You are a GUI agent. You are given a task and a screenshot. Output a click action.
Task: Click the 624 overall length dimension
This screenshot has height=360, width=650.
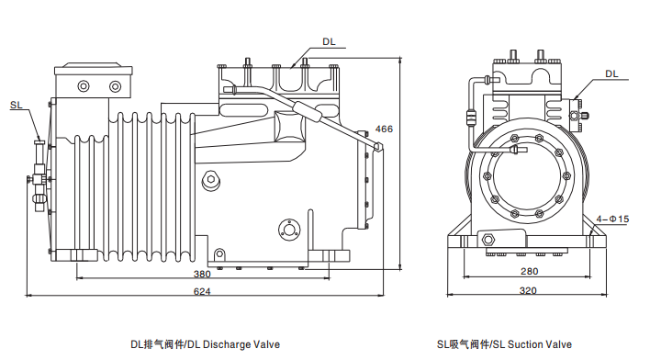tap(202, 291)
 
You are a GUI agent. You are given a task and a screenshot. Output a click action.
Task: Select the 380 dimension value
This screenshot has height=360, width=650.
tap(202, 274)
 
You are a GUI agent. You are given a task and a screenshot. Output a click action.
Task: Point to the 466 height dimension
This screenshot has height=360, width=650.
tap(384, 129)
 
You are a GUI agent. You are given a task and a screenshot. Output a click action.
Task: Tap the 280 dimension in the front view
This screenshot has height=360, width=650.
tap(529, 271)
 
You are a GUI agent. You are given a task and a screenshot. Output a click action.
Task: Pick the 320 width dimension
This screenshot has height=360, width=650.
tap(527, 291)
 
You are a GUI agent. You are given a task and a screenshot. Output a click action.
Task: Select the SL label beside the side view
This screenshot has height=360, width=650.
tap(17, 106)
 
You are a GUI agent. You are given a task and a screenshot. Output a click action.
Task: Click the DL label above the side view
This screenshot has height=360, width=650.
tap(329, 42)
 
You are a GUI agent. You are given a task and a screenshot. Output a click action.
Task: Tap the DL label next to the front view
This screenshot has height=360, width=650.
tap(611, 73)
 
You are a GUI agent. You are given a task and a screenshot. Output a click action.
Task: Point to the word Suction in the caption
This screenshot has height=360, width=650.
tap(526, 344)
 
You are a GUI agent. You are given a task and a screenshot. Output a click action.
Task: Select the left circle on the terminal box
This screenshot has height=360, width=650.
tap(84, 86)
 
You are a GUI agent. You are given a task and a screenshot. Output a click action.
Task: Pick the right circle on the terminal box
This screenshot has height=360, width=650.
tap(115, 86)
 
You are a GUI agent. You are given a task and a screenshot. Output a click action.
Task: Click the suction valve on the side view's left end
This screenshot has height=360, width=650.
tap(39, 170)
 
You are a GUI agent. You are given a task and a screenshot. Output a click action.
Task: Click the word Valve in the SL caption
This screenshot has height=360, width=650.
tap(559, 344)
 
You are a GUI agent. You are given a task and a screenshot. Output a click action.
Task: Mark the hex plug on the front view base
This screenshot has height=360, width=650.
tap(487, 241)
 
